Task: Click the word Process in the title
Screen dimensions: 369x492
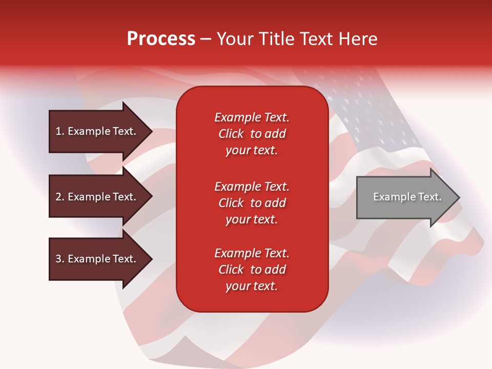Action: pos(161,39)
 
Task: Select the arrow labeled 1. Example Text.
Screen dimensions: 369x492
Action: pos(97,131)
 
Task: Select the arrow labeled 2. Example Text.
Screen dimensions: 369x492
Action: pos(97,197)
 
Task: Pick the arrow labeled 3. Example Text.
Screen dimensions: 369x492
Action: pos(97,259)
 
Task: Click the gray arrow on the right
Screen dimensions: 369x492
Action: pos(405,197)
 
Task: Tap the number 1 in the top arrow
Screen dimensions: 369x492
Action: pos(58,131)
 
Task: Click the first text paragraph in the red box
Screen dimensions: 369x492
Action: pos(252,134)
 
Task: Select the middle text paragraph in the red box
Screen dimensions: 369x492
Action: pos(252,203)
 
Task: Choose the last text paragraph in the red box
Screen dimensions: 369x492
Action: pos(252,270)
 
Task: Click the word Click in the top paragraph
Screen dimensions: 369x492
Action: pos(231,134)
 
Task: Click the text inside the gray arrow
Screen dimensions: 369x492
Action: pos(407,197)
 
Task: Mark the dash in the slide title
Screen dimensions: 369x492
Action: pos(206,39)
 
